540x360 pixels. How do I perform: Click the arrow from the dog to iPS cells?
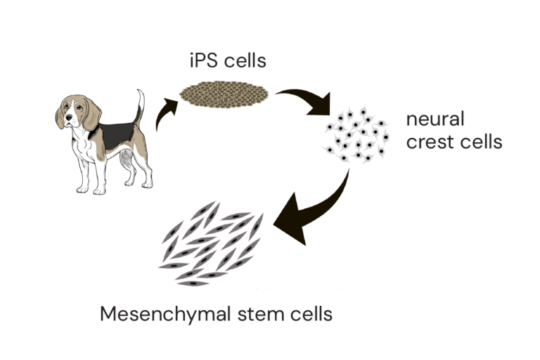[163, 116]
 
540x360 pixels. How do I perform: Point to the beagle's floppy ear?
[92, 115]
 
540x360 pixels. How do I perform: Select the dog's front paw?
[85, 188]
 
